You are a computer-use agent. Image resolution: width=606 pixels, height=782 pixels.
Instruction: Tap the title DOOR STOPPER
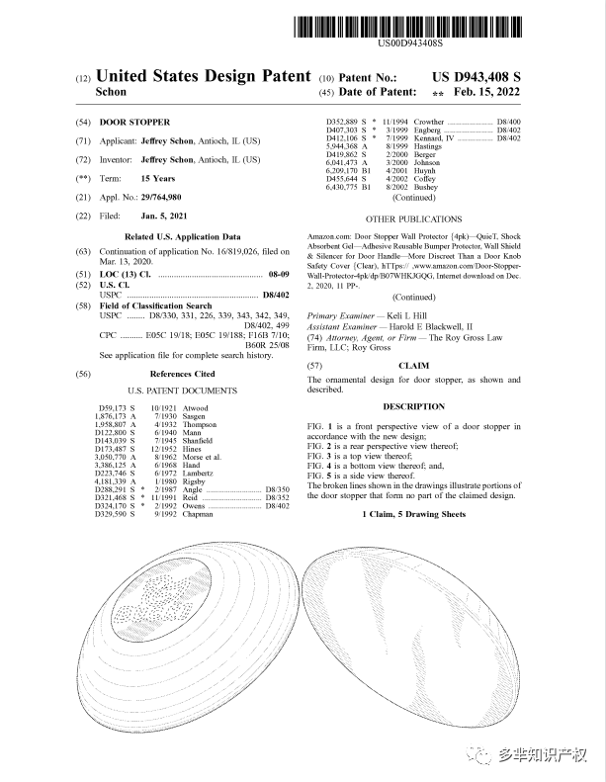pos(135,122)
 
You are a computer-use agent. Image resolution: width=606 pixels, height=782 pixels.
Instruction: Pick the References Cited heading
pos(182,374)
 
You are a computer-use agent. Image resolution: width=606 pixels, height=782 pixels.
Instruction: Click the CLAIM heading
pos(413,365)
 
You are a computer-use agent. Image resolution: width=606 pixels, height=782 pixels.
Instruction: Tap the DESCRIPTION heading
pos(413,406)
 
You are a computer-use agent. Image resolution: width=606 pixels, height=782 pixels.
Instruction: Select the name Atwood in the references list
pos(196,407)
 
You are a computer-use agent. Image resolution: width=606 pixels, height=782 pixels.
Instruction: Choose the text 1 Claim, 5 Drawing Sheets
pos(413,514)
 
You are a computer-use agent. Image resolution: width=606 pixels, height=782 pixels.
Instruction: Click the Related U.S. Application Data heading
pos(182,237)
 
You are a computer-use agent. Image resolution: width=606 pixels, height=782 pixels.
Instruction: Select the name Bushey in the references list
pos(425,187)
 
